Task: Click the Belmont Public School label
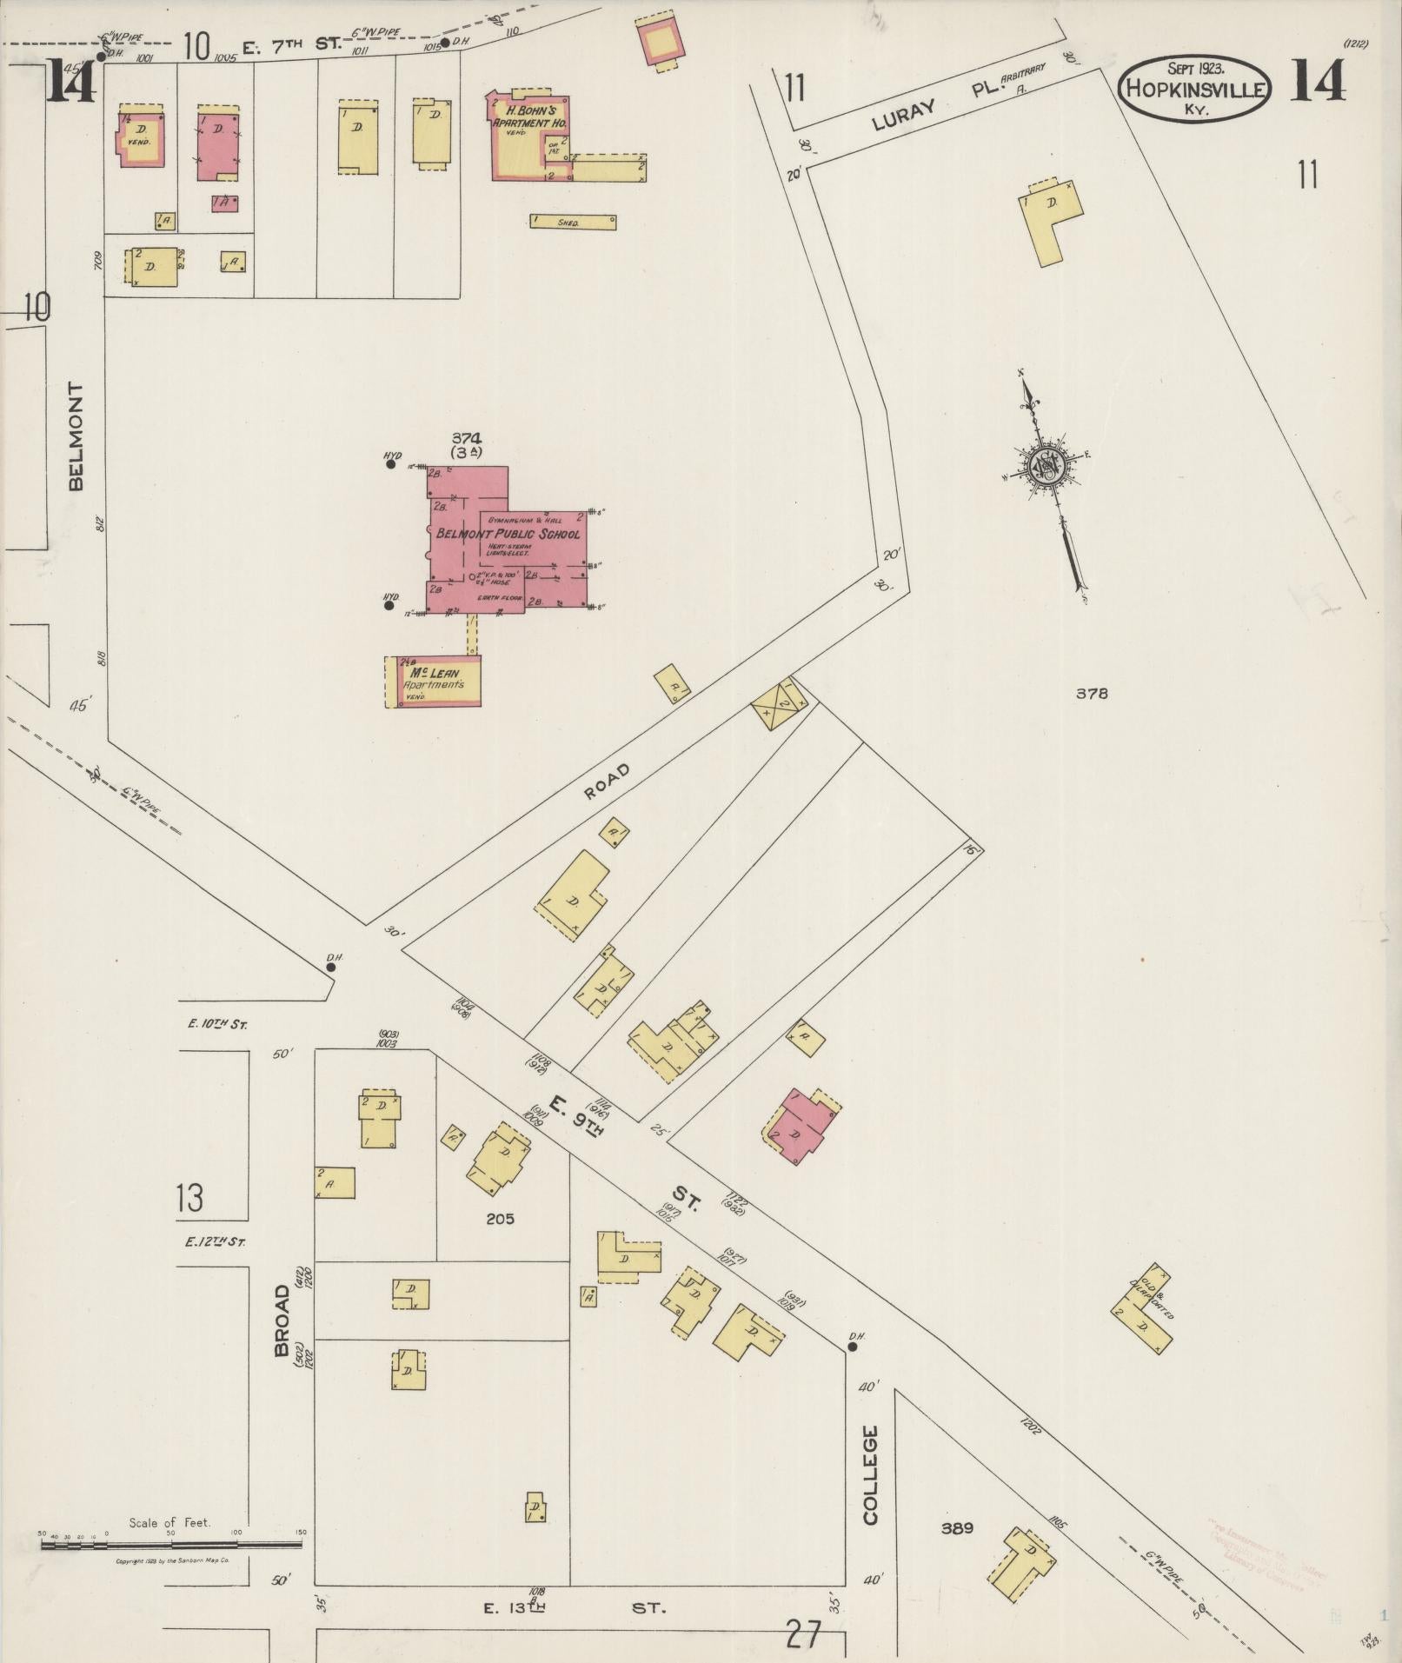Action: (x=508, y=533)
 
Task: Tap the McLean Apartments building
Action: (x=433, y=681)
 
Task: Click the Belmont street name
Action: (x=76, y=436)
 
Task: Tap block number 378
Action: (x=1092, y=694)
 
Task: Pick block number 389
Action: (x=956, y=1527)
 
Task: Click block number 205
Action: (x=500, y=1219)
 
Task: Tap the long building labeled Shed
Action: (x=573, y=222)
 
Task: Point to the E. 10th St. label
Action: (x=217, y=1025)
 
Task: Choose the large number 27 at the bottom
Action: (x=803, y=1634)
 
